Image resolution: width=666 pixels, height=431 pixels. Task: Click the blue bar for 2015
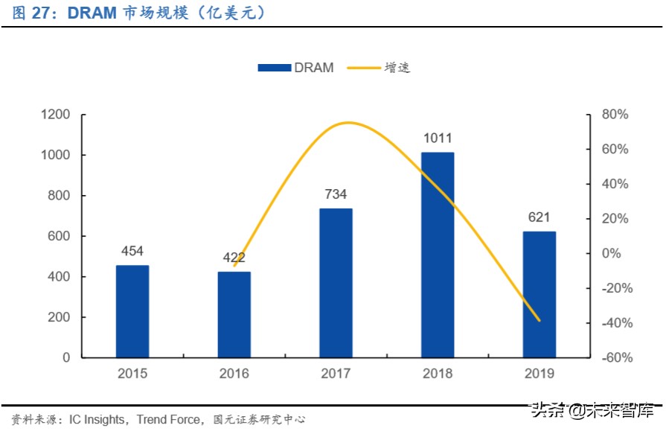tap(132, 311)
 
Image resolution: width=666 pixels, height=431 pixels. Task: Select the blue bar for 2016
tap(234, 314)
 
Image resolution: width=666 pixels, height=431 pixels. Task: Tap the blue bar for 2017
tap(336, 283)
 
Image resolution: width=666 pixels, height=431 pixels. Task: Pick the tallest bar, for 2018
tap(438, 255)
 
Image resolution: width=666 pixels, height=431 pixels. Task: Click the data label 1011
tap(438, 138)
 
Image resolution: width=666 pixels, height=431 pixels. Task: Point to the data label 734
tap(336, 194)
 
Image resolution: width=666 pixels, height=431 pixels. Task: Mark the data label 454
tap(132, 251)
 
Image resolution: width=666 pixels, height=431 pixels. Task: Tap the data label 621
tap(539, 217)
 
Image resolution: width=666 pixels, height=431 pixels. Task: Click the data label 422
tap(234, 258)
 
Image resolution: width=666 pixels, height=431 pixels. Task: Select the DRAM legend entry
tap(296, 68)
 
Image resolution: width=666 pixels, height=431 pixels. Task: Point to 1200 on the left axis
tap(55, 115)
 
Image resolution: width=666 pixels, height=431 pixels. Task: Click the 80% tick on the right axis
tap(615, 115)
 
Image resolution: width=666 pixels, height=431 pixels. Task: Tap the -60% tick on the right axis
tap(615, 357)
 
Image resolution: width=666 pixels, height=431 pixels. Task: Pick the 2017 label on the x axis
tap(336, 374)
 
